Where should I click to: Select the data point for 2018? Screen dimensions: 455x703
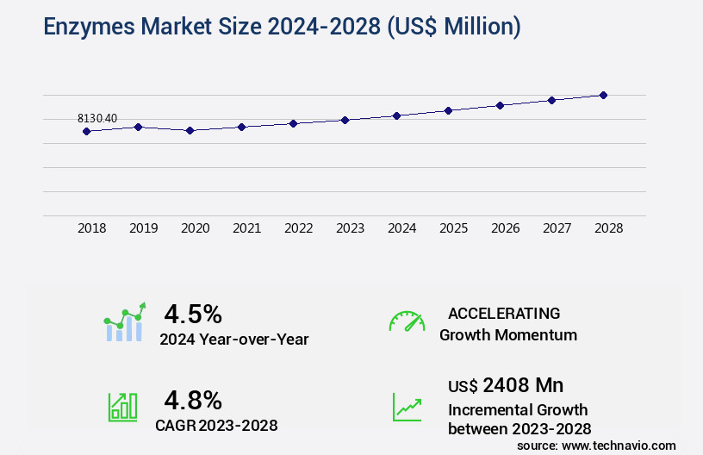click(x=86, y=131)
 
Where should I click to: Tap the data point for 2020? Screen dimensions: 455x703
click(x=190, y=130)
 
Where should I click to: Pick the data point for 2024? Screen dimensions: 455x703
click(x=396, y=115)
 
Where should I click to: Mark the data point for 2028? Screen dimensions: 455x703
click(x=603, y=95)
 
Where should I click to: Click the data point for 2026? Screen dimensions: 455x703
click(x=500, y=105)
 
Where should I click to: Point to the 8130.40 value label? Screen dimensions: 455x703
click(x=97, y=118)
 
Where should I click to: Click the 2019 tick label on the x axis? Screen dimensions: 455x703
click(x=144, y=228)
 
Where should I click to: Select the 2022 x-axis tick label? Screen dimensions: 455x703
click(x=299, y=228)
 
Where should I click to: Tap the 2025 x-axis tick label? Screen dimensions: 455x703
click(x=454, y=228)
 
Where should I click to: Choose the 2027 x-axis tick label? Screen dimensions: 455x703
click(x=557, y=228)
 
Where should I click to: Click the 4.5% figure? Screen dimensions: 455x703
click(x=193, y=313)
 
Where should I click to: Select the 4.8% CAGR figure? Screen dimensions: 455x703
click(x=193, y=400)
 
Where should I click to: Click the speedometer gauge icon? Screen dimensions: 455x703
click(x=407, y=321)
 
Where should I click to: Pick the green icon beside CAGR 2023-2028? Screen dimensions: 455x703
click(x=122, y=407)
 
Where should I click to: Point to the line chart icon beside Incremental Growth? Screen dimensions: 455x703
click(x=407, y=407)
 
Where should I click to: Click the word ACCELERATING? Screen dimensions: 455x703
click(x=504, y=314)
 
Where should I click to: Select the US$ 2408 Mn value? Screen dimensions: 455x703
click(x=506, y=385)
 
